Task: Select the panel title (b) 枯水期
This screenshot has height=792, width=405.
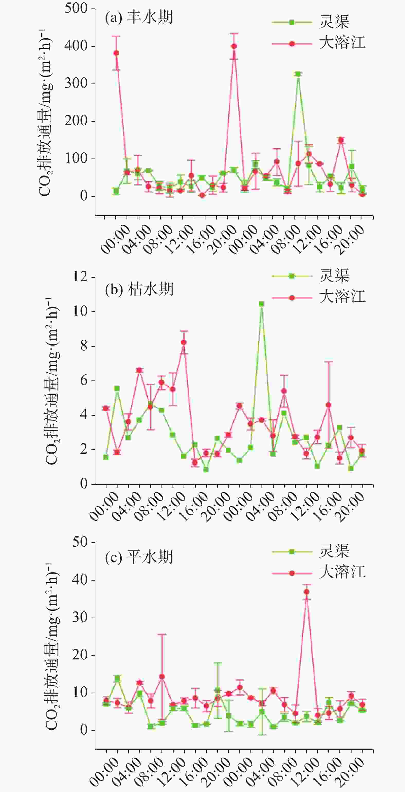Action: [x=139, y=289]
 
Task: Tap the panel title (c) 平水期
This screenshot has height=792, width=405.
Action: [x=139, y=557]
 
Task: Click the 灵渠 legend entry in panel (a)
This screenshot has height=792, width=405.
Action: [x=311, y=22]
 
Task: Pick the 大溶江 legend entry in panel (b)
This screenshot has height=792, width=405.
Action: [x=319, y=298]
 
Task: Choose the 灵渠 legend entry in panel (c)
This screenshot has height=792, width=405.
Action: [x=311, y=552]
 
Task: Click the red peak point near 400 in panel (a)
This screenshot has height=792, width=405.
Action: [x=234, y=46]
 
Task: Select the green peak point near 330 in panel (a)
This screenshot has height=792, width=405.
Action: [x=298, y=74]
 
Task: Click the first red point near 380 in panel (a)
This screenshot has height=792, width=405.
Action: [x=116, y=53]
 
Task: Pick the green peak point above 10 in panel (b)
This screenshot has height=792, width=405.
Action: [x=262, y=304]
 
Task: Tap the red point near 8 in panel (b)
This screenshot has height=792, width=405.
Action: [x=184, y=342]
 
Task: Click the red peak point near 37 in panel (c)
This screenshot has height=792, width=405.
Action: [x=307, y=592]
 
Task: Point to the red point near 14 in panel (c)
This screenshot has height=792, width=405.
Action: [x=162, y=677]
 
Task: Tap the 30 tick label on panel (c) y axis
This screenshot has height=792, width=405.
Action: [x=80, y=617]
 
